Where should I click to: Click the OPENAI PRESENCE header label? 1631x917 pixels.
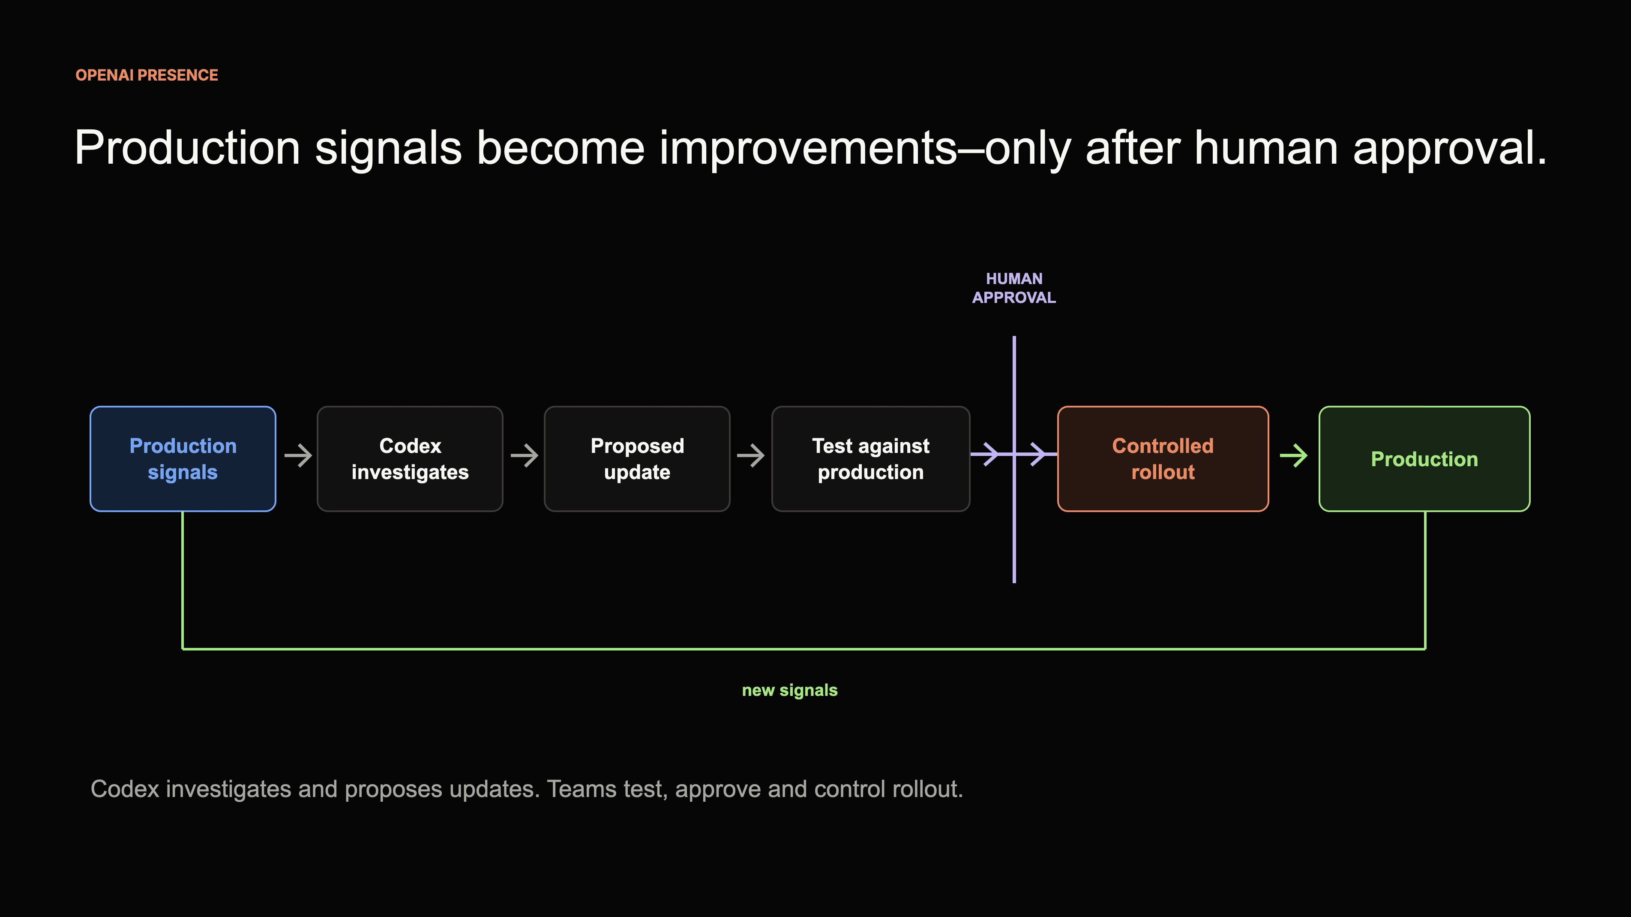(x=147, y=75)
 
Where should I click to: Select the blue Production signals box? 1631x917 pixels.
(x=183, y=458)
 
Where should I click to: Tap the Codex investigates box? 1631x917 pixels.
(x=410, y=458)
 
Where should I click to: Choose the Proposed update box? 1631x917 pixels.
(x=637, y=458)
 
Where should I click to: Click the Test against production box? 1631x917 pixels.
(x=871, y=458)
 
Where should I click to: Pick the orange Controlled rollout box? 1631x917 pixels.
(x=1163, y=458)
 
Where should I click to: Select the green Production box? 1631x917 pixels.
(x=1424, y=458)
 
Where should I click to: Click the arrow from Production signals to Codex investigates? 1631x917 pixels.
(x=298, y=456)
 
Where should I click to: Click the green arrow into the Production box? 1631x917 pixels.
(x=1294, y=456)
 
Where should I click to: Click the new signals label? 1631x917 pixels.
(x=789, y=690)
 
